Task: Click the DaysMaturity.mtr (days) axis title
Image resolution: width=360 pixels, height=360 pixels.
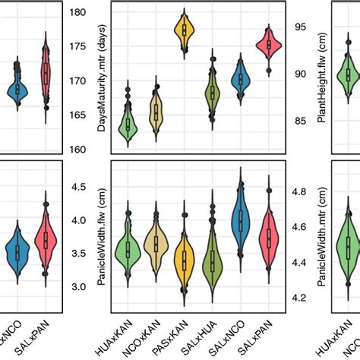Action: [101, 80]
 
